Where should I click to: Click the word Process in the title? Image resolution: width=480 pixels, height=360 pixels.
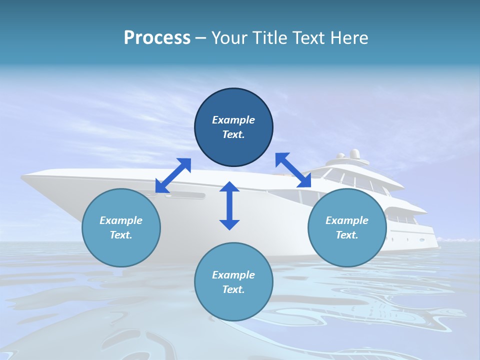coord(157,38)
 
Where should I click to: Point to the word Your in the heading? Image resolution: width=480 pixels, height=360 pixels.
coord(229,38)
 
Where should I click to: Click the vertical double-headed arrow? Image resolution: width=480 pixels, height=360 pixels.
coord(229,205)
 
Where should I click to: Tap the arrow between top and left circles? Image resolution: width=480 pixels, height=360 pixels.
coord(173,175)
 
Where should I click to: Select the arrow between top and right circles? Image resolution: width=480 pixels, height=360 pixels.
coord(293,170)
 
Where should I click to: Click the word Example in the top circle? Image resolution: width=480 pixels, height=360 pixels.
coord(233,120)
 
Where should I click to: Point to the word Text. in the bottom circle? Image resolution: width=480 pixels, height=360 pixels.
coord(233,289)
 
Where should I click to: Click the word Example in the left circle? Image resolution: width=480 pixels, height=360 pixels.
coord(121,220)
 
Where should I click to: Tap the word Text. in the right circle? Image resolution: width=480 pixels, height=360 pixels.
coord(347,235)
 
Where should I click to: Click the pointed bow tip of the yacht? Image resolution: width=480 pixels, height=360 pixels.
coord(23,176)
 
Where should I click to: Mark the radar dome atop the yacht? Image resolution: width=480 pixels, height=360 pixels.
coord(354,153)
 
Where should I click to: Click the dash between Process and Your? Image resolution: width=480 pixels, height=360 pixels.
coord(201,38)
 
